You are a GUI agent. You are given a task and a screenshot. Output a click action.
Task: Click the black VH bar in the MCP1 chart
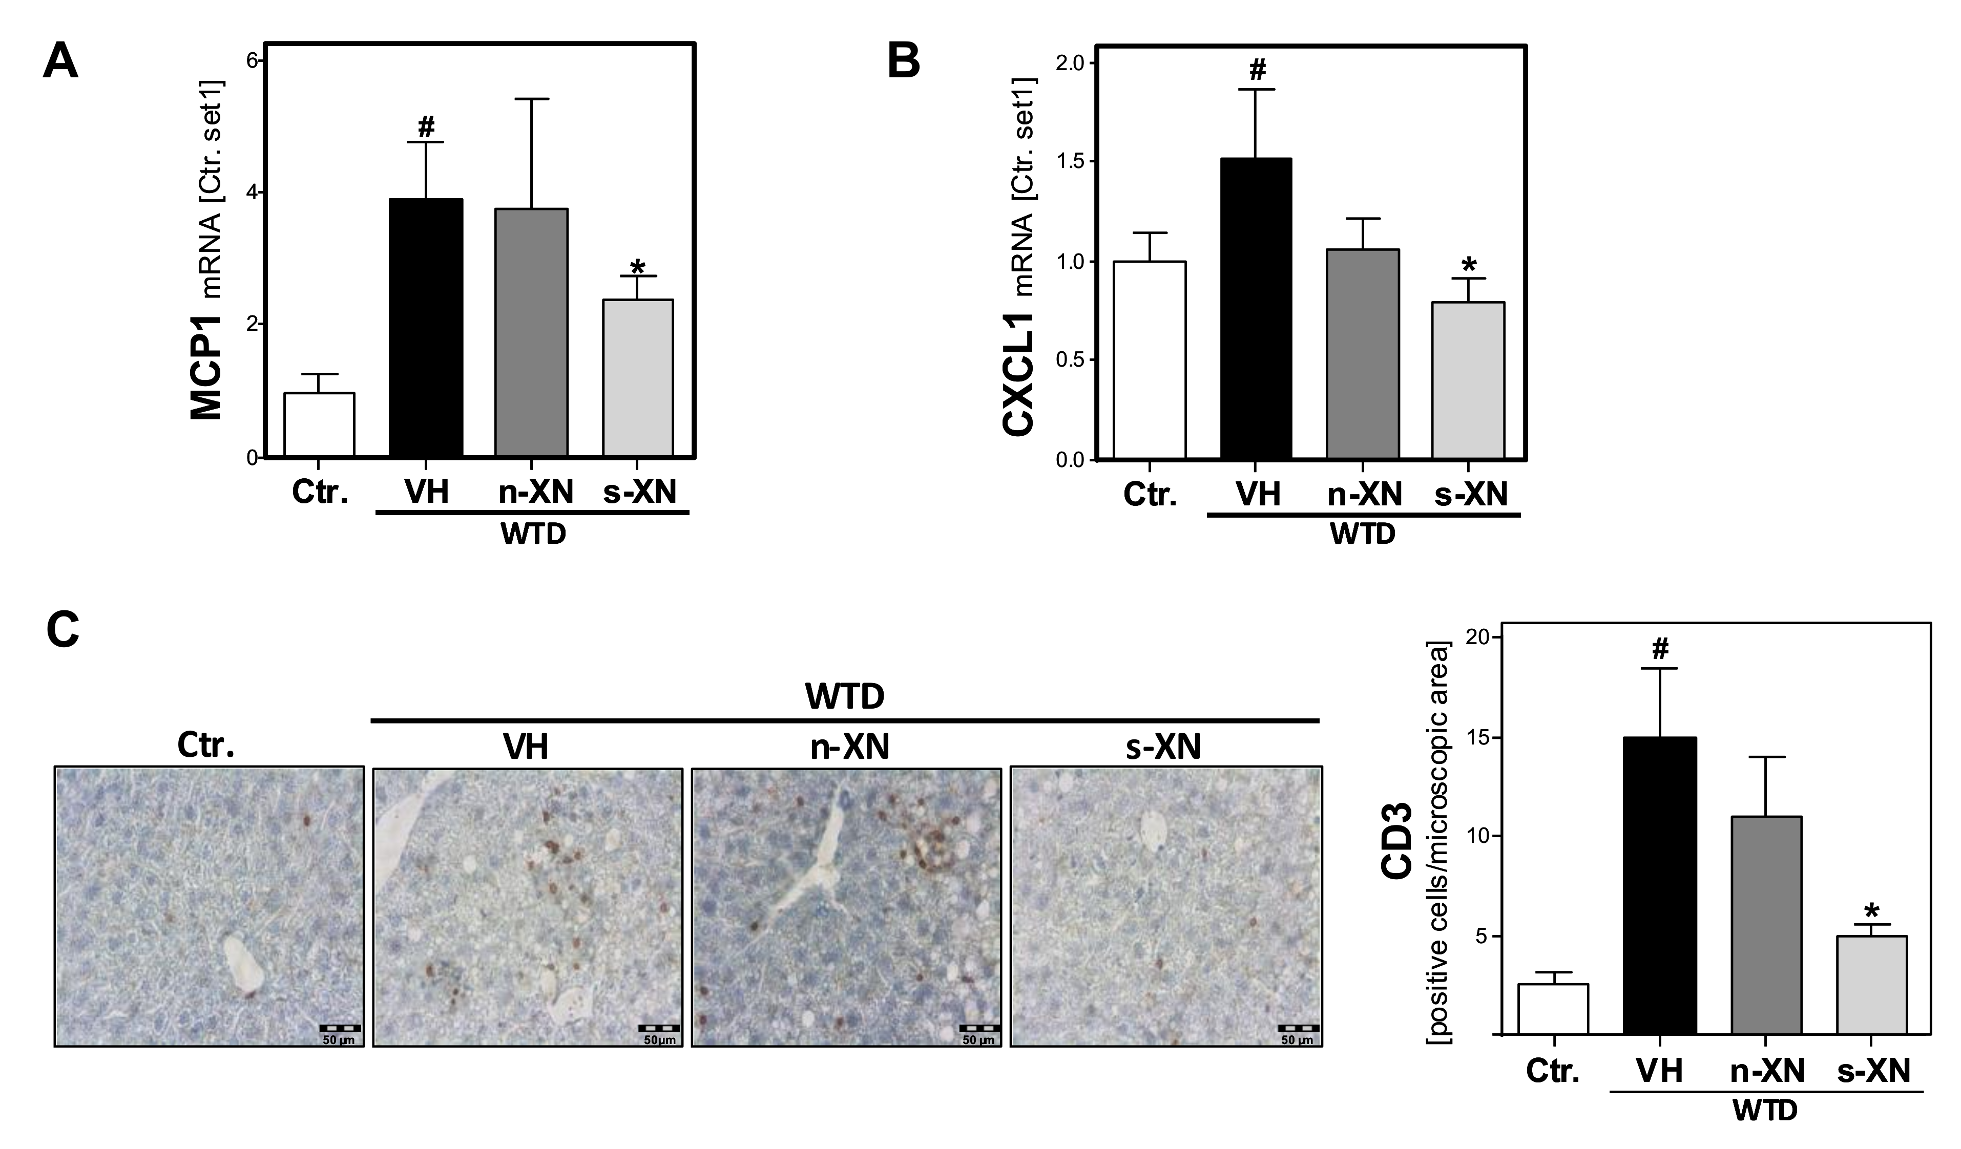(x=426, y=328)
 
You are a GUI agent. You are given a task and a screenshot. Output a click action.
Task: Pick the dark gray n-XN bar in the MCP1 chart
(x=532, y=332)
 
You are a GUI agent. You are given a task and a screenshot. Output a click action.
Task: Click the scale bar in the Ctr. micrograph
(x=342, y=1029)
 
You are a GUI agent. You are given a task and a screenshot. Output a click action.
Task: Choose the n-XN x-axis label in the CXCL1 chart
(x=1364, y=494)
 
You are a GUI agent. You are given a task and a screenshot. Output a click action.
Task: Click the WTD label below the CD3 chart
(x=1765, y=1132)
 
